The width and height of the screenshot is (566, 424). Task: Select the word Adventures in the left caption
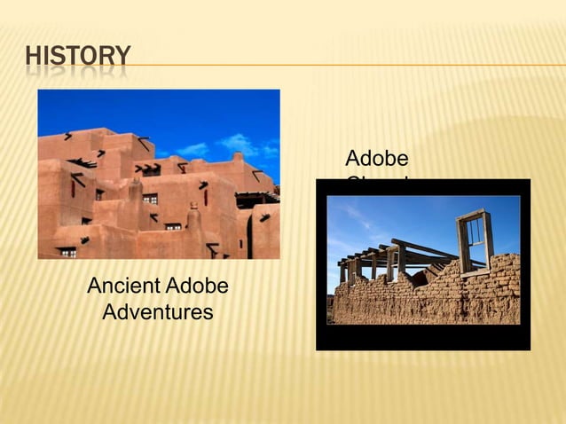point(158,312)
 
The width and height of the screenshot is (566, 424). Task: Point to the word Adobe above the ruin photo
point(377,159)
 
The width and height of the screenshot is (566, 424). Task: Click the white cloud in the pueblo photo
point(238,143)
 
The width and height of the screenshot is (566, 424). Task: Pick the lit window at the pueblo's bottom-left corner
point(67,251)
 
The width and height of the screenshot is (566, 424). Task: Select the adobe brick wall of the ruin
point(426,297)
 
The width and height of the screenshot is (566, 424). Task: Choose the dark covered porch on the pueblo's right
point(257,199)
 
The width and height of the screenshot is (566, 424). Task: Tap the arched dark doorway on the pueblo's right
point(249,234)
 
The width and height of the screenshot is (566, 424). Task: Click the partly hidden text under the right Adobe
point(377,181)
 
